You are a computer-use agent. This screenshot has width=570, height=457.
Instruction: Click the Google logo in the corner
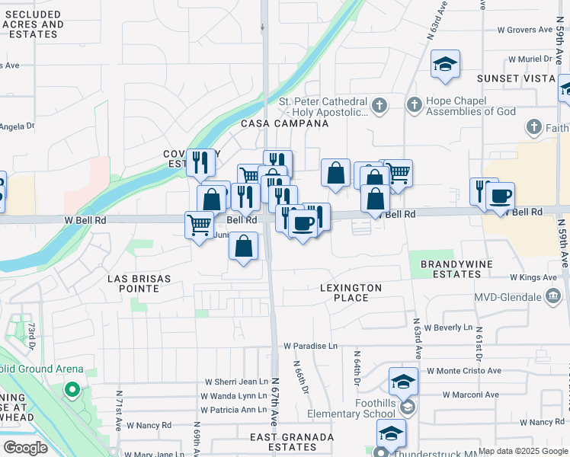point(25,448)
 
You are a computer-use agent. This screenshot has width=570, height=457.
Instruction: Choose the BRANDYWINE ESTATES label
point(452,269)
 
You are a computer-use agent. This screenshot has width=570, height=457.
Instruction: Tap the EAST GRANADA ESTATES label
point(293,443)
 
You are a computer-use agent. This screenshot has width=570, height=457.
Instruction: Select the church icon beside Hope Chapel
point(414,104)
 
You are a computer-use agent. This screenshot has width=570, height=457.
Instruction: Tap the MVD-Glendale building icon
point(554,298)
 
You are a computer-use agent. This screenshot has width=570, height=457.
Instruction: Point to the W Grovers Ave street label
point(524,30)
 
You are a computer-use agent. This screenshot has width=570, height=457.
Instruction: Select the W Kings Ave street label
point(534,278)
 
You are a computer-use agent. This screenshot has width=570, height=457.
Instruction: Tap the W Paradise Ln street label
point(310,346)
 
